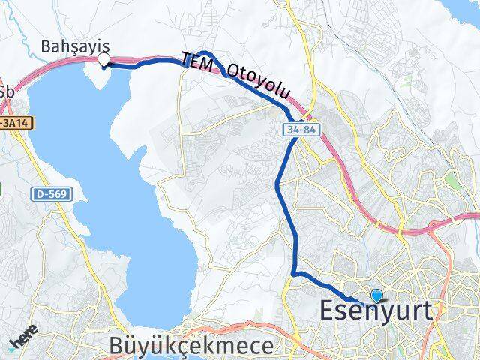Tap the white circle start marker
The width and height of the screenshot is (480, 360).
[104, 60]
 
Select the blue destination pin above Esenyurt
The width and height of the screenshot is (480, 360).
[376, 297]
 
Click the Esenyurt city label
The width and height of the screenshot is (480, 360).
[376, 311]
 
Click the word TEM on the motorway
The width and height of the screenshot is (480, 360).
[197, 61]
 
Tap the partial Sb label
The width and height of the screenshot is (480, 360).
[7, 91]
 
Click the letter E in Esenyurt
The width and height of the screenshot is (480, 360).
[328, 311]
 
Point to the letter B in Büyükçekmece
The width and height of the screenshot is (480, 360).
[115, 345]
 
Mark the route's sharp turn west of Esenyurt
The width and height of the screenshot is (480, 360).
[294, 273]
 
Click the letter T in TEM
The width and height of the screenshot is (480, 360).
[184, 57]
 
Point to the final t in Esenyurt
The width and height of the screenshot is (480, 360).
[428, 311]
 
